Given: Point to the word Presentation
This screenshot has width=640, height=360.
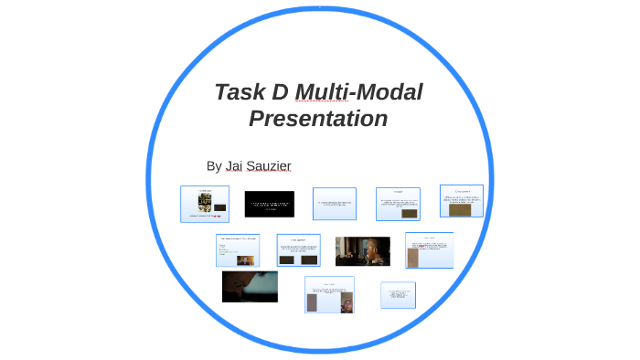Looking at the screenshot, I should (318, 119).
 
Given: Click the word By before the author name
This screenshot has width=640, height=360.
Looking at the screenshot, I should (214, 165).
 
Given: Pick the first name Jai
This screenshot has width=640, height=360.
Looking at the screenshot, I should (236, 165).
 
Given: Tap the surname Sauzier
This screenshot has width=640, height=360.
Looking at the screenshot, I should (272, 165).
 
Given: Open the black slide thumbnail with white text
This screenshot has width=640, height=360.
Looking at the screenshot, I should (269, 204).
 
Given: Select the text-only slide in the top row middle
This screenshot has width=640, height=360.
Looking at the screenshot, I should (334, 204).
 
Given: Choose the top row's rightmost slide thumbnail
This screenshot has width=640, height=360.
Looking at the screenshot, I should (461, 201).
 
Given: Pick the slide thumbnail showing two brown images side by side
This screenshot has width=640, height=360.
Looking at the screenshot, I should (298, 249).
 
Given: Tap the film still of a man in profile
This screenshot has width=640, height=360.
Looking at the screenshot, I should (362, 251).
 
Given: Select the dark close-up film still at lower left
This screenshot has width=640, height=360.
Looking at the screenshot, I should (250, 286).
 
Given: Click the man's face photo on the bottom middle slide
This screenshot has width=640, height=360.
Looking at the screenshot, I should (347, 303).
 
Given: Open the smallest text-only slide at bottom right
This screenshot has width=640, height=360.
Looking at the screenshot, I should (398, 294).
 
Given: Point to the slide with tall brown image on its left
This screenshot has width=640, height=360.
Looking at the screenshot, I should (429, 249).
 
